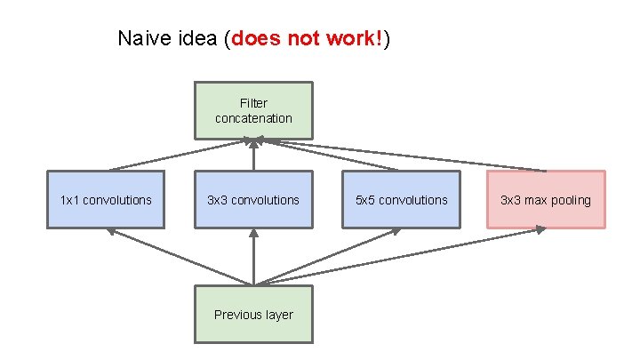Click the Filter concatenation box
click(253, 110)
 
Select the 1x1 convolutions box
click(106, 200)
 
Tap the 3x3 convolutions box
click(253, 200)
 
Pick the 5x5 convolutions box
click(401, 200)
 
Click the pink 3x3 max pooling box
click(546, 200)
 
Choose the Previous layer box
click(253, 314)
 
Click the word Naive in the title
click(139, 39)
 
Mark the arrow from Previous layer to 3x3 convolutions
click(253, 258)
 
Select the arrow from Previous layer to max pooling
click(400, 258)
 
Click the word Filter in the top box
click(253, 103)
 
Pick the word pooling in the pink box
click(568, 200)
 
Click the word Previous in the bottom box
click(236, 314)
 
